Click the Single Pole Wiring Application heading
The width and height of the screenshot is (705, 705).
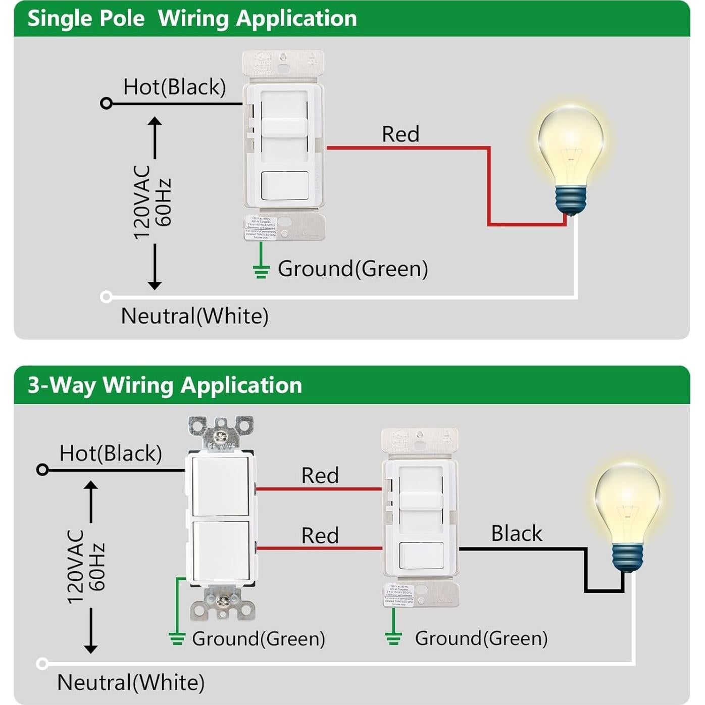pyautogui.click(x=192, y=19)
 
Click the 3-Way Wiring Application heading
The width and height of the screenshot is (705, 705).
pyautogui.click(x=165, y=385)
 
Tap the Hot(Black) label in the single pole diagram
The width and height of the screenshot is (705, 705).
pyautogui.click(x=174, y=87)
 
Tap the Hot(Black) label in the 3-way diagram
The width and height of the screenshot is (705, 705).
pyautogui.click(x=111, y=453)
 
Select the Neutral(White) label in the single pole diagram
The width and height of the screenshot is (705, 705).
pyautogui.click(x=194, y=316)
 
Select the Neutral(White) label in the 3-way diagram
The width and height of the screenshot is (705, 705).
pyautogui.click(x=131, y=682)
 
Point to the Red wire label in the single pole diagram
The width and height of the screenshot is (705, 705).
pyautogui.click(x=400, y=134)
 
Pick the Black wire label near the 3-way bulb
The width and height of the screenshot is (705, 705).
pyautogui.click(x=517, y=533)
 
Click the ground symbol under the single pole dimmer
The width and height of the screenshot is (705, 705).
pyautogui.click(x=261, y=272)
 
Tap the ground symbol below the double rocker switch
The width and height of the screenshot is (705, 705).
pyautogui.click(x=177, y=638)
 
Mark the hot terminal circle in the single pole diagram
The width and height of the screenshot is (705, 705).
pyautogui.click(x=106, y=104)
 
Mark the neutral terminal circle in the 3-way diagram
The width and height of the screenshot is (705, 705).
pyautogui.click(x=43, y=663)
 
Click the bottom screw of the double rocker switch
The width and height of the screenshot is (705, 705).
pyautogui.click(x=221, y=600)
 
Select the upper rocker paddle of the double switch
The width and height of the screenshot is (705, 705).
pyautogui.click(x=220, y=486)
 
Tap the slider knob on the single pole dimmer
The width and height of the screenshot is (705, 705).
pyautogui.click(x=284, y=127)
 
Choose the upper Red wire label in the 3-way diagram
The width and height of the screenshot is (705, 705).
pyautogui.click(x=320, y=476)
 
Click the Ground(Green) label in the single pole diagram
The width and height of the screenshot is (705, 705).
pyautogui.click(x=353, y=269)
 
